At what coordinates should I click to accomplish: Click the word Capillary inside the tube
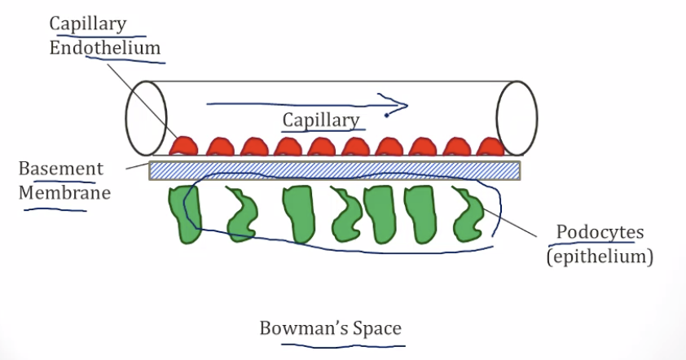[321, 121]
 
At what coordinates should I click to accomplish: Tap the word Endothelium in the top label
[105, 47]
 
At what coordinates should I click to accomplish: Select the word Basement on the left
[61, 169]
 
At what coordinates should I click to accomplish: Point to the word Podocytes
[600, 232]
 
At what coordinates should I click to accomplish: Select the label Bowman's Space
[330, 328]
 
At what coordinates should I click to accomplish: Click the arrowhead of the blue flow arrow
[398, 105]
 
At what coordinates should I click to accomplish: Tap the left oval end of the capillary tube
[146, 118]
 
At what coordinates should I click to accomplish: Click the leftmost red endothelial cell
[185, 147]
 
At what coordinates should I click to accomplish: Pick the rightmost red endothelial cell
[490, 147]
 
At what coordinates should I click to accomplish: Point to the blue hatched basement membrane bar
[335, 169]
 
